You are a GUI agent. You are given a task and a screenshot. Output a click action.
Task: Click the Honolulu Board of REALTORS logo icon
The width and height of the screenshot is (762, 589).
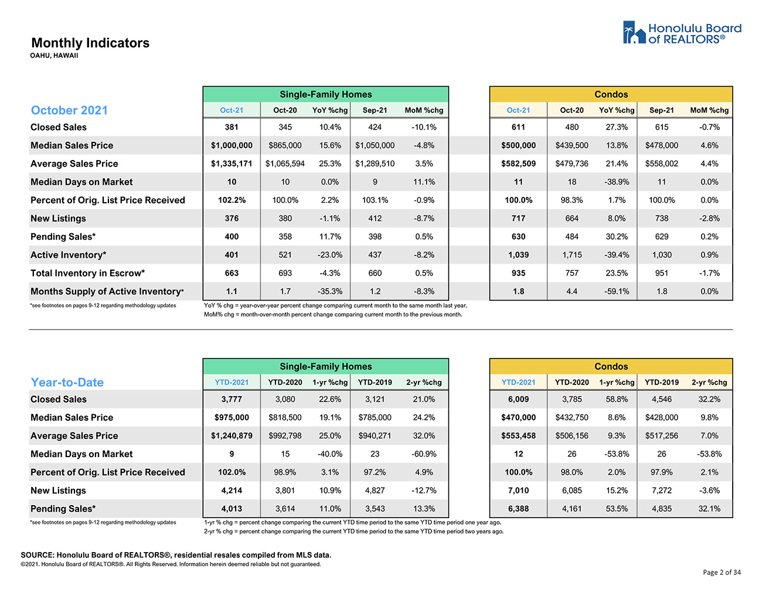pos(634,32)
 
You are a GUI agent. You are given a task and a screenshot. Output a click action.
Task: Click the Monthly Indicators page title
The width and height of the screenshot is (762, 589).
pos(90,43)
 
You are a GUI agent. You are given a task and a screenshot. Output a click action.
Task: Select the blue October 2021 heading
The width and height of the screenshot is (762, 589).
pos(69,110)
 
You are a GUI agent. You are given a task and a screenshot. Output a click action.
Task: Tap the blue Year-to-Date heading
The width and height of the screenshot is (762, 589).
pos(67,382)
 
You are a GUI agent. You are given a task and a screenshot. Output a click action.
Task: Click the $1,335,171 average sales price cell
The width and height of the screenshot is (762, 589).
pos(232,164)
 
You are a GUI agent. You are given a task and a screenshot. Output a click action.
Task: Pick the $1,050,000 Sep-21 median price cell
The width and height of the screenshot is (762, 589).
pos(375,145)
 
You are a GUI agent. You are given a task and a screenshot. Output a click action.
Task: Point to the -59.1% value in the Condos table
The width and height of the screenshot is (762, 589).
pos(617,291)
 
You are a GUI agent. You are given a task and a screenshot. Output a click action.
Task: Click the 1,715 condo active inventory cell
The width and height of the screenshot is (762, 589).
pos(571,255)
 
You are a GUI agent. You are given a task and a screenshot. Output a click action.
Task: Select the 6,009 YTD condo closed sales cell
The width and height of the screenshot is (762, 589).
pos(518,399)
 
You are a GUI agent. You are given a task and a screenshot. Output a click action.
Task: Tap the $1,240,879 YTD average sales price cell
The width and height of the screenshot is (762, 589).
pos(232,436)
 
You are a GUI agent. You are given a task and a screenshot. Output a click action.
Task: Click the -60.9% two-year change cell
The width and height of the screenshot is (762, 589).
pos(424,454)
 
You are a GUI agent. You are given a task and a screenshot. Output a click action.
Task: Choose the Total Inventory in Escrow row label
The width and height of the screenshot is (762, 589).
pos(88,273)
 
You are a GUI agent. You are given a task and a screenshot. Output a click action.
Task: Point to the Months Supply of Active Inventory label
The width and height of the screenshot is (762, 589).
pos(107,291)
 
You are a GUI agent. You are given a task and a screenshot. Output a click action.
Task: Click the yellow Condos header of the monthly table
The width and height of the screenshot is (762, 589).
pos(611,94)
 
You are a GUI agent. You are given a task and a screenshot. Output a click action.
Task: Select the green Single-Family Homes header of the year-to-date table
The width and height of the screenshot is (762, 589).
pos(325,366)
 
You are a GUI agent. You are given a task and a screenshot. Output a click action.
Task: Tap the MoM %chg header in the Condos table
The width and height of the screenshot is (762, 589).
pos(709,110)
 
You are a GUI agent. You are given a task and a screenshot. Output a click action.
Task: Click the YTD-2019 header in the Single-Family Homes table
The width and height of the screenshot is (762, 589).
pos(375,382)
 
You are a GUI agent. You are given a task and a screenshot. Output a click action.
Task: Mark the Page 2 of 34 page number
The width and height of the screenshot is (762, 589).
pos(722,572)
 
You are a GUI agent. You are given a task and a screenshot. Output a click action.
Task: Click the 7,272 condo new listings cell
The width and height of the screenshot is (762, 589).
pos(661,491)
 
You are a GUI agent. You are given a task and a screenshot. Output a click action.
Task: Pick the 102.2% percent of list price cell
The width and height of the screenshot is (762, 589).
pos(232,200)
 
